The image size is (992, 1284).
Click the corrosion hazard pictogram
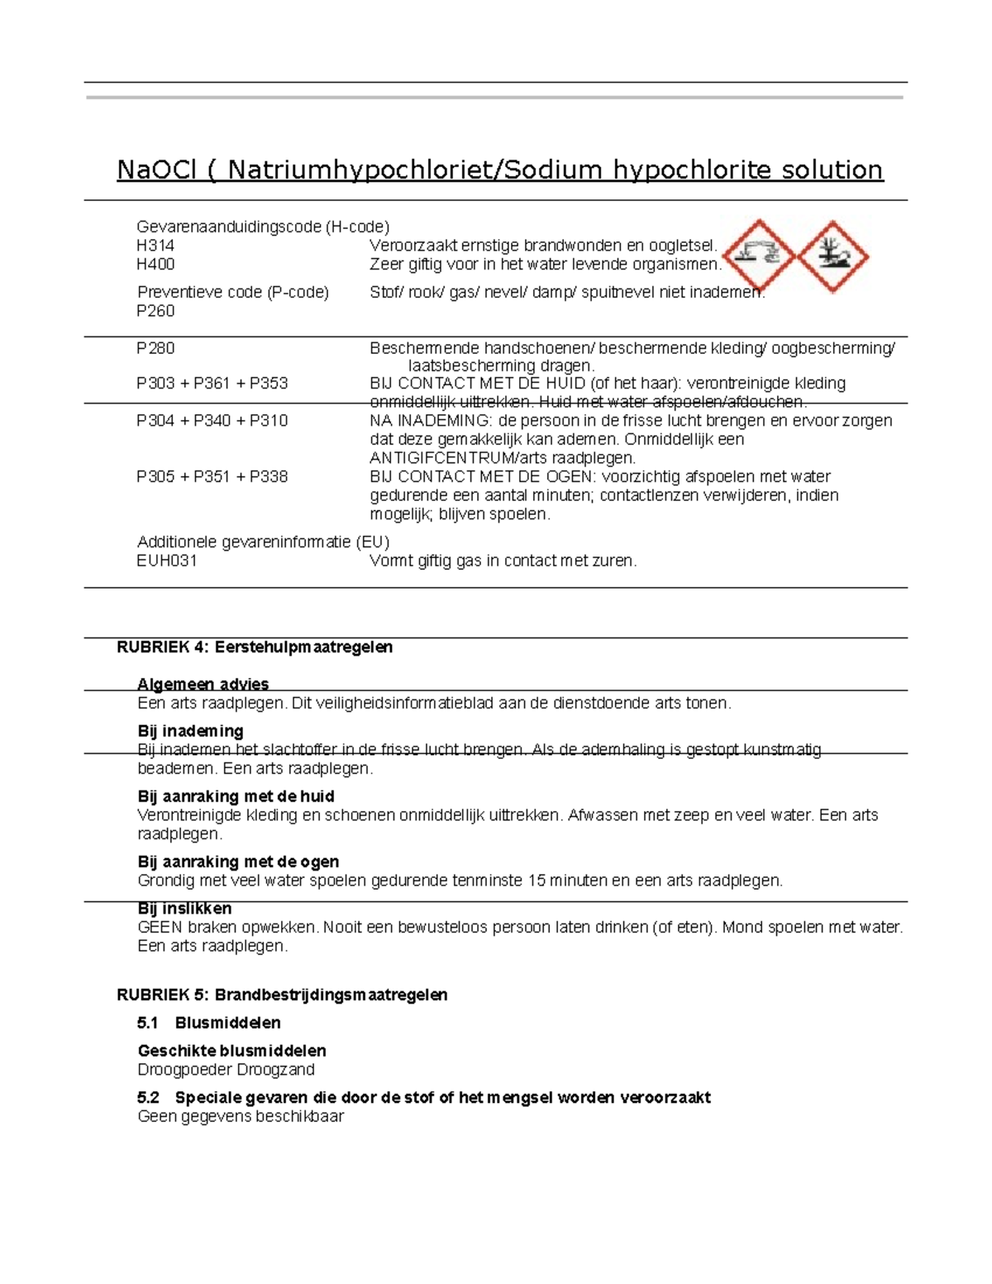760,255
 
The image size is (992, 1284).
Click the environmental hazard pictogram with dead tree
832,256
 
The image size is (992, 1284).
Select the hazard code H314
155,246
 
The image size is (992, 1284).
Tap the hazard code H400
155,265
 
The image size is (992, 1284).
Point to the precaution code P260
155,311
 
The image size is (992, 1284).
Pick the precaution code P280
155,348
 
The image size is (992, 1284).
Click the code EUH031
167,561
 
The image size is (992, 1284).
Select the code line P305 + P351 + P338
212,477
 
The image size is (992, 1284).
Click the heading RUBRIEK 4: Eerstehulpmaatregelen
255,647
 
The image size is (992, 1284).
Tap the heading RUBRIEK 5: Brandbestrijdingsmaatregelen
282,995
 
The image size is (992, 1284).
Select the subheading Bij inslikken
184,909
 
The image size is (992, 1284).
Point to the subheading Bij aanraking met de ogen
238,862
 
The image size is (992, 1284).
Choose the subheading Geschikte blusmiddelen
231,1051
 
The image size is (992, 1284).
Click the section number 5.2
148,1098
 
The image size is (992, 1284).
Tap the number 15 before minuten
536,881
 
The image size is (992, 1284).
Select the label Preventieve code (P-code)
232,292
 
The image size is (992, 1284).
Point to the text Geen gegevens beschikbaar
240,1117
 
